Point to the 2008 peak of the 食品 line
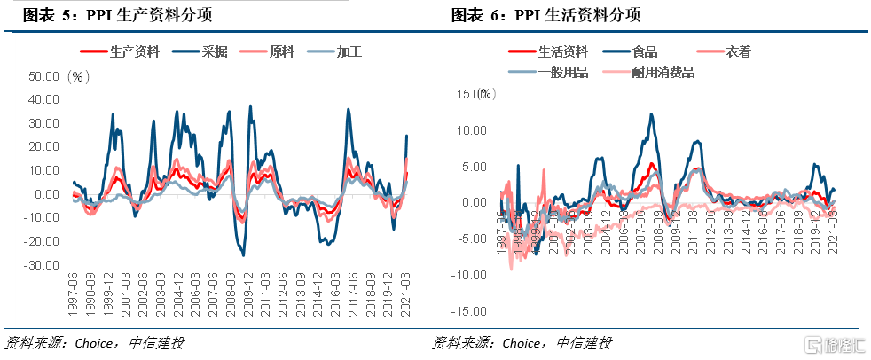point(652,114)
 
